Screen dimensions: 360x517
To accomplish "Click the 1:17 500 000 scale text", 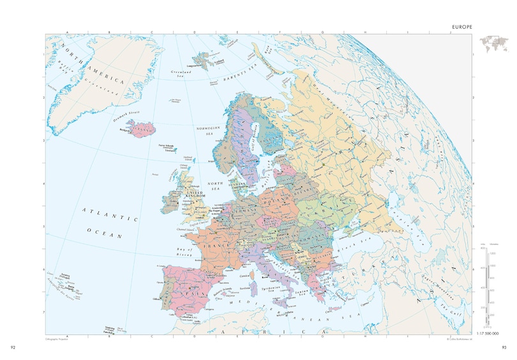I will [487, 334].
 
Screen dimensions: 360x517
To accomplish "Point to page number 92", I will [14, 347].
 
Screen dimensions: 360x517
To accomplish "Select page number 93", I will [503, 347].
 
